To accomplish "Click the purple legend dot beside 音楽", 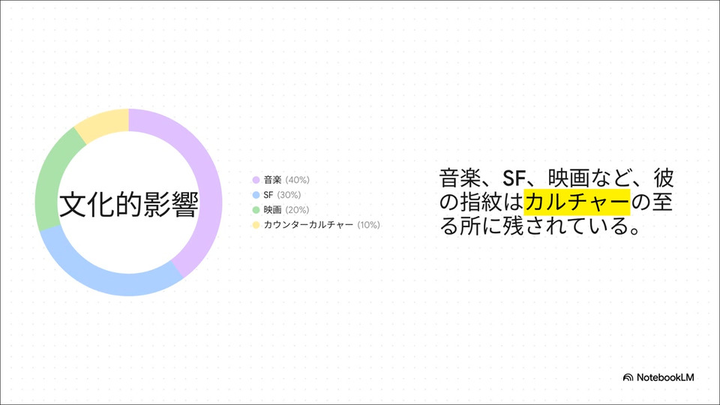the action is coord(256,180).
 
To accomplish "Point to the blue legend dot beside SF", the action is coord(256,195).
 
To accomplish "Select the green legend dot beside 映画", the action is coord(256,210).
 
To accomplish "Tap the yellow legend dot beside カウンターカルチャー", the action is coord(256,224).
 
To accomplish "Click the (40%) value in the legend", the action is coord(298,180).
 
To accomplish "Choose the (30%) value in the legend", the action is coord(289,195).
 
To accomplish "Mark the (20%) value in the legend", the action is coord(297,210).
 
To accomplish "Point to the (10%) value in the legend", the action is coord(369,224).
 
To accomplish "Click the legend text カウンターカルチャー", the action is coord(308,224).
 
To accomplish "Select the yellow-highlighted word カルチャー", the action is coord(577,202).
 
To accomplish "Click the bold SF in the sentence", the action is coord(514,178).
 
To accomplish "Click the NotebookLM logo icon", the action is coord(628,377).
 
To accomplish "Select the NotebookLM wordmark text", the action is coord(665,377).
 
